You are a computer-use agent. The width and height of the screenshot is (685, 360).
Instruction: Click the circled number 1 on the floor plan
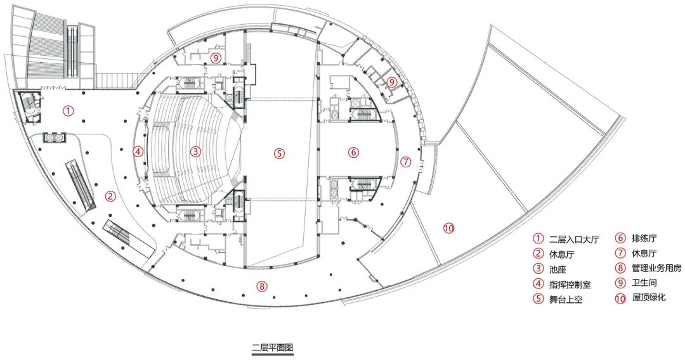click(68, 110)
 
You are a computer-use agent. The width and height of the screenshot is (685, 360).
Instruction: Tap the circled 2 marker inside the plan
click(110, 196)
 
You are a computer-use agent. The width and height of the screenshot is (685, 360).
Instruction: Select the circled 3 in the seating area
click(196, 151)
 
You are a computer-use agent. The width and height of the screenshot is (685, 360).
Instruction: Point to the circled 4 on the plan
click(138, 151)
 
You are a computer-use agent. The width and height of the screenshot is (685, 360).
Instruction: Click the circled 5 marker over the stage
click(280, 152)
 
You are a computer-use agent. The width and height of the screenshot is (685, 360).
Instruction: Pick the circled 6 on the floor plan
click(353, 152)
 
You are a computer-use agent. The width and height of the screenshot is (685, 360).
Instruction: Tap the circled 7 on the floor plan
click(406, 162)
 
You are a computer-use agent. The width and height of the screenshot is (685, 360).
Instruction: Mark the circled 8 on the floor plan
click(261, 286)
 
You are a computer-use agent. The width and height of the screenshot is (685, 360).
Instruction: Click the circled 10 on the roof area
click(449, 228)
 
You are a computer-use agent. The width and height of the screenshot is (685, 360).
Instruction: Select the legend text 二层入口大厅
click(573, 239)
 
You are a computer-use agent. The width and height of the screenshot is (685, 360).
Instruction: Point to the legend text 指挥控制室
click(569, 284)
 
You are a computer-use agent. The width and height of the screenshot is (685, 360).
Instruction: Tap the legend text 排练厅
click(644, 239)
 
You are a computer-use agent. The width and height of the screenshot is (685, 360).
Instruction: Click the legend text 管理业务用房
click(656, 269)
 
